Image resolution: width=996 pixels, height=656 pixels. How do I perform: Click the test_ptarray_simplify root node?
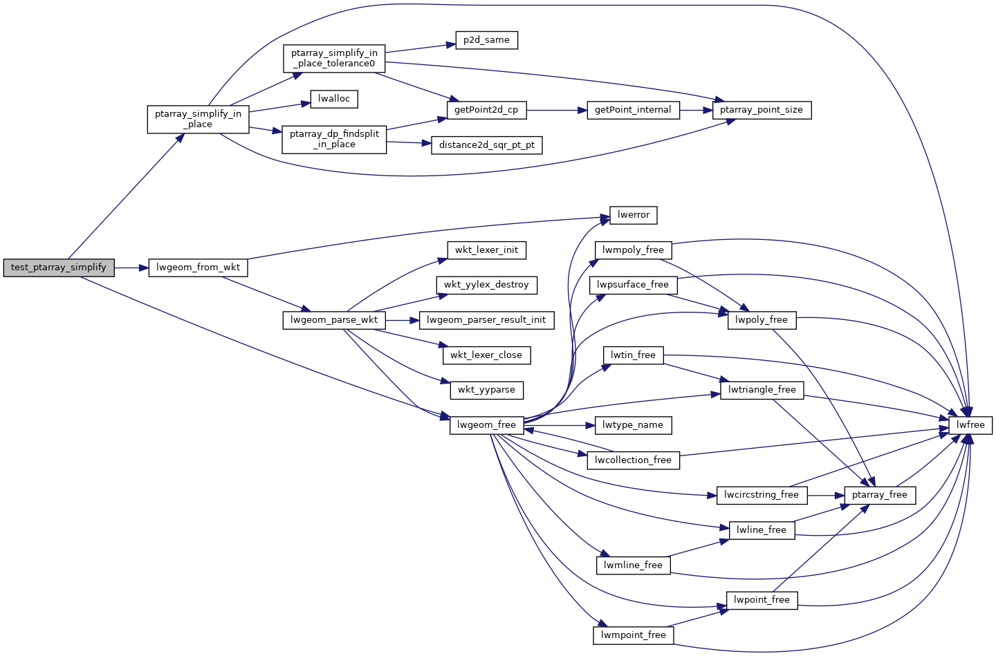pyautogui.click(x=59, y=268)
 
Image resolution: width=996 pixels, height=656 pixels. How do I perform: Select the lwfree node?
pyautogui.click(x=970, y=425)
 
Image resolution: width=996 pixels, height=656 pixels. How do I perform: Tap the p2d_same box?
pyautogui.click(x=486, y=40)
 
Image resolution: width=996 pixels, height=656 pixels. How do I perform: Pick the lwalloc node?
pyautogui.click(x=333, y=99)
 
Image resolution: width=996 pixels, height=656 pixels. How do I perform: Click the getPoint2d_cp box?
pyautogui.click(x=486, y=110)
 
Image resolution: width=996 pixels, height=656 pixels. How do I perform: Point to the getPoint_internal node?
pyautogui.click(x=633, y=110)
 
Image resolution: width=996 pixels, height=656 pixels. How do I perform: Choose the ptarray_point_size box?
pyautogui.click(x=761, y=110)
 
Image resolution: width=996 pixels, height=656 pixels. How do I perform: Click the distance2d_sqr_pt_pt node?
pyautogui.click(x=486, y=145)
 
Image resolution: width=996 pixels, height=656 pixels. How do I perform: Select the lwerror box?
pyautogui.click(x=633, y=215)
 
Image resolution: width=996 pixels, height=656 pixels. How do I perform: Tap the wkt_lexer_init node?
pyautogui.click(x=486, y=250)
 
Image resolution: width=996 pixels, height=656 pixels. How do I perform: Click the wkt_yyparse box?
pyautogui.click(x=486, y=390)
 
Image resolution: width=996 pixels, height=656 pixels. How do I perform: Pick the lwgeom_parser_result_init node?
pyautogui.click(x=486, y=320)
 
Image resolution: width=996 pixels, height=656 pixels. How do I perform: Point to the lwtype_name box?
pyautogui.click(x=632, y=425)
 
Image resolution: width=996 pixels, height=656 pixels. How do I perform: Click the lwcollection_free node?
pyautogui.click(x=633, y=460)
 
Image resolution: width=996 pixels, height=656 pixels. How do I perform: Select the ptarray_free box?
pyautogui.click(x=879, y=495)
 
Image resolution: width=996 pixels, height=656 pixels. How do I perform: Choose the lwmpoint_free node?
pyautogui.click(x=633, y=635)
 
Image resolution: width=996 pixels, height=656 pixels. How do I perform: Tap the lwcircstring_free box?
pyautogui.click(x=761, y=495)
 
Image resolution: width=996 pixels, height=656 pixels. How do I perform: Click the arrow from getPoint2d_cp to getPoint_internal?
pyautogui.click(x=557, y=110)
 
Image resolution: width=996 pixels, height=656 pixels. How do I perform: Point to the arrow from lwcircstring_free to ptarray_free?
pyautogui.click(x=825, y=496)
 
